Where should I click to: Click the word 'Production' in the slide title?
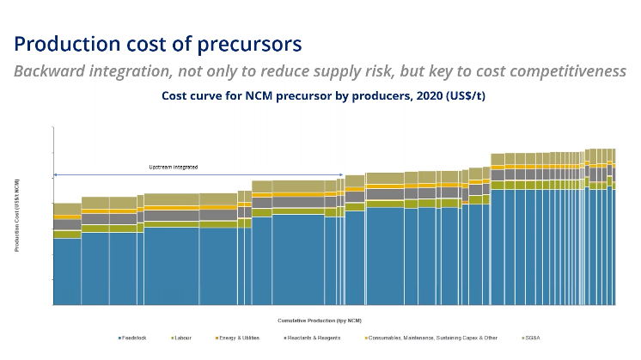click(67, 43)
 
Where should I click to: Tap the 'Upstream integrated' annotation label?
click(174, 167)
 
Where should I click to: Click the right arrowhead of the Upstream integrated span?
click(341, 175)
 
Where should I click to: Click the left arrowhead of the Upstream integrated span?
click(56, 175)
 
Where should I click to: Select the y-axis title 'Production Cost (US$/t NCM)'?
click(17, 216)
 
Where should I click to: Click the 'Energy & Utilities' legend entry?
click(240, 338)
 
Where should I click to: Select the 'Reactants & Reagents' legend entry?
click(317, 338)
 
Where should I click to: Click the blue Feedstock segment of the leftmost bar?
click(67, 271)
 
